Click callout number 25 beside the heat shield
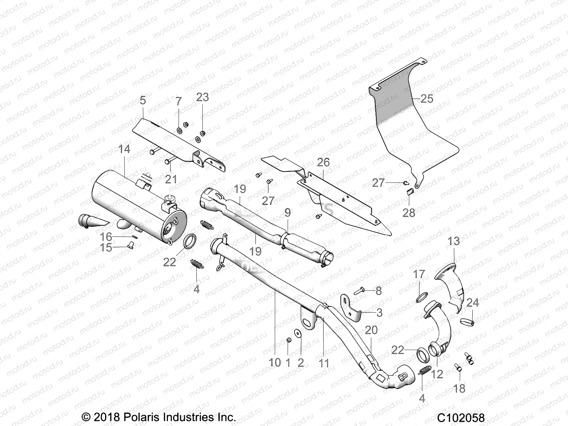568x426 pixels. point(427,98)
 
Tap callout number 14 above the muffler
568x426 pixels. point(124,149)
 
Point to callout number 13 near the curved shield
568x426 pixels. point(454,241)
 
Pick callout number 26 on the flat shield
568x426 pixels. point(323,163)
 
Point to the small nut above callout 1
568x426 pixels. point(289,341)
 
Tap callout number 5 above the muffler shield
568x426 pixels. point(143,100)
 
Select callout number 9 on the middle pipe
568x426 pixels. point(288,213)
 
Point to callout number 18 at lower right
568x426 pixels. point(459,389)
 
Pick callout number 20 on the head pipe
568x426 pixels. point(371,330)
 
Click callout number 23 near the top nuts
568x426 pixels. point(203,97)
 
